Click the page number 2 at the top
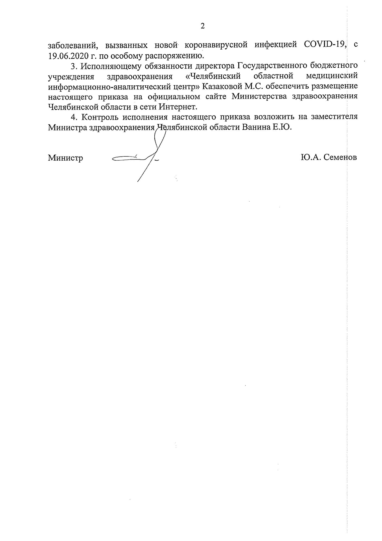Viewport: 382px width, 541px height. coord(203,26)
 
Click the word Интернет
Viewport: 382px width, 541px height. coord(178,107)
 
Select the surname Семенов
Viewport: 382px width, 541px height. coord(340,157)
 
